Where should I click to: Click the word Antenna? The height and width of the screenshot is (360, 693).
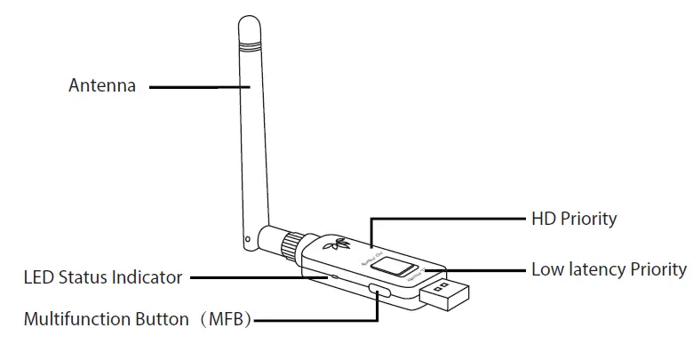(x=102, y=86)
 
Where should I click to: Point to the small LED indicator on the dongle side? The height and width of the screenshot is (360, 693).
(x=335, y=276)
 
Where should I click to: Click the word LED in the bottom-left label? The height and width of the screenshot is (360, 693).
(x=38, y=277)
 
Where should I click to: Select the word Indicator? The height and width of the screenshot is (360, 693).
(x=149, y=277)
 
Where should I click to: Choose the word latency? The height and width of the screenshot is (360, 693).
(x=594, y=268)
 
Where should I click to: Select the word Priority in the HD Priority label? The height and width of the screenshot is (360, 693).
(x=588, y=218)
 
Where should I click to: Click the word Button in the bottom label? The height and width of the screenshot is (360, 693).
(x=162, y=319)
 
